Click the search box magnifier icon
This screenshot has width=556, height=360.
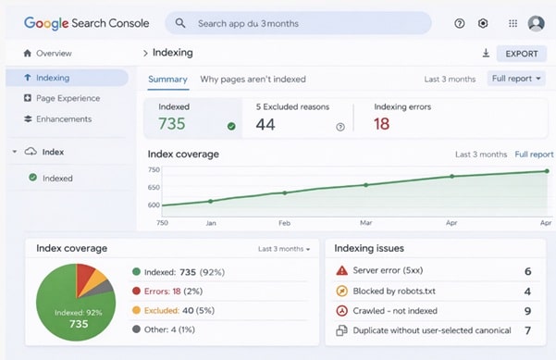[180, 23]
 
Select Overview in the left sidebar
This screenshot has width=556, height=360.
[54, 54]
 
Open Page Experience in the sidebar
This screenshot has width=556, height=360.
[68, 98]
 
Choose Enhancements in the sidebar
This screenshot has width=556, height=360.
[64, 119]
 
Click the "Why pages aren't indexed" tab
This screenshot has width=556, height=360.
[253, 80]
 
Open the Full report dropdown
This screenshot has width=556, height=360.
[523, 79]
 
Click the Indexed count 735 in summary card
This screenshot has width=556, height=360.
[173, 124]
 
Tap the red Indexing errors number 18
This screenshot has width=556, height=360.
[382, 124]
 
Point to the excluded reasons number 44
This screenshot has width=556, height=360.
[266, 124]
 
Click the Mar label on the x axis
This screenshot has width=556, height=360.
[365, 223]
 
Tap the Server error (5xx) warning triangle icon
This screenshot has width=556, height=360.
[341, 271]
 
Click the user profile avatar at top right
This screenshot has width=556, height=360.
[536, 23]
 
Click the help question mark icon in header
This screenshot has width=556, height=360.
[460, 23]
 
